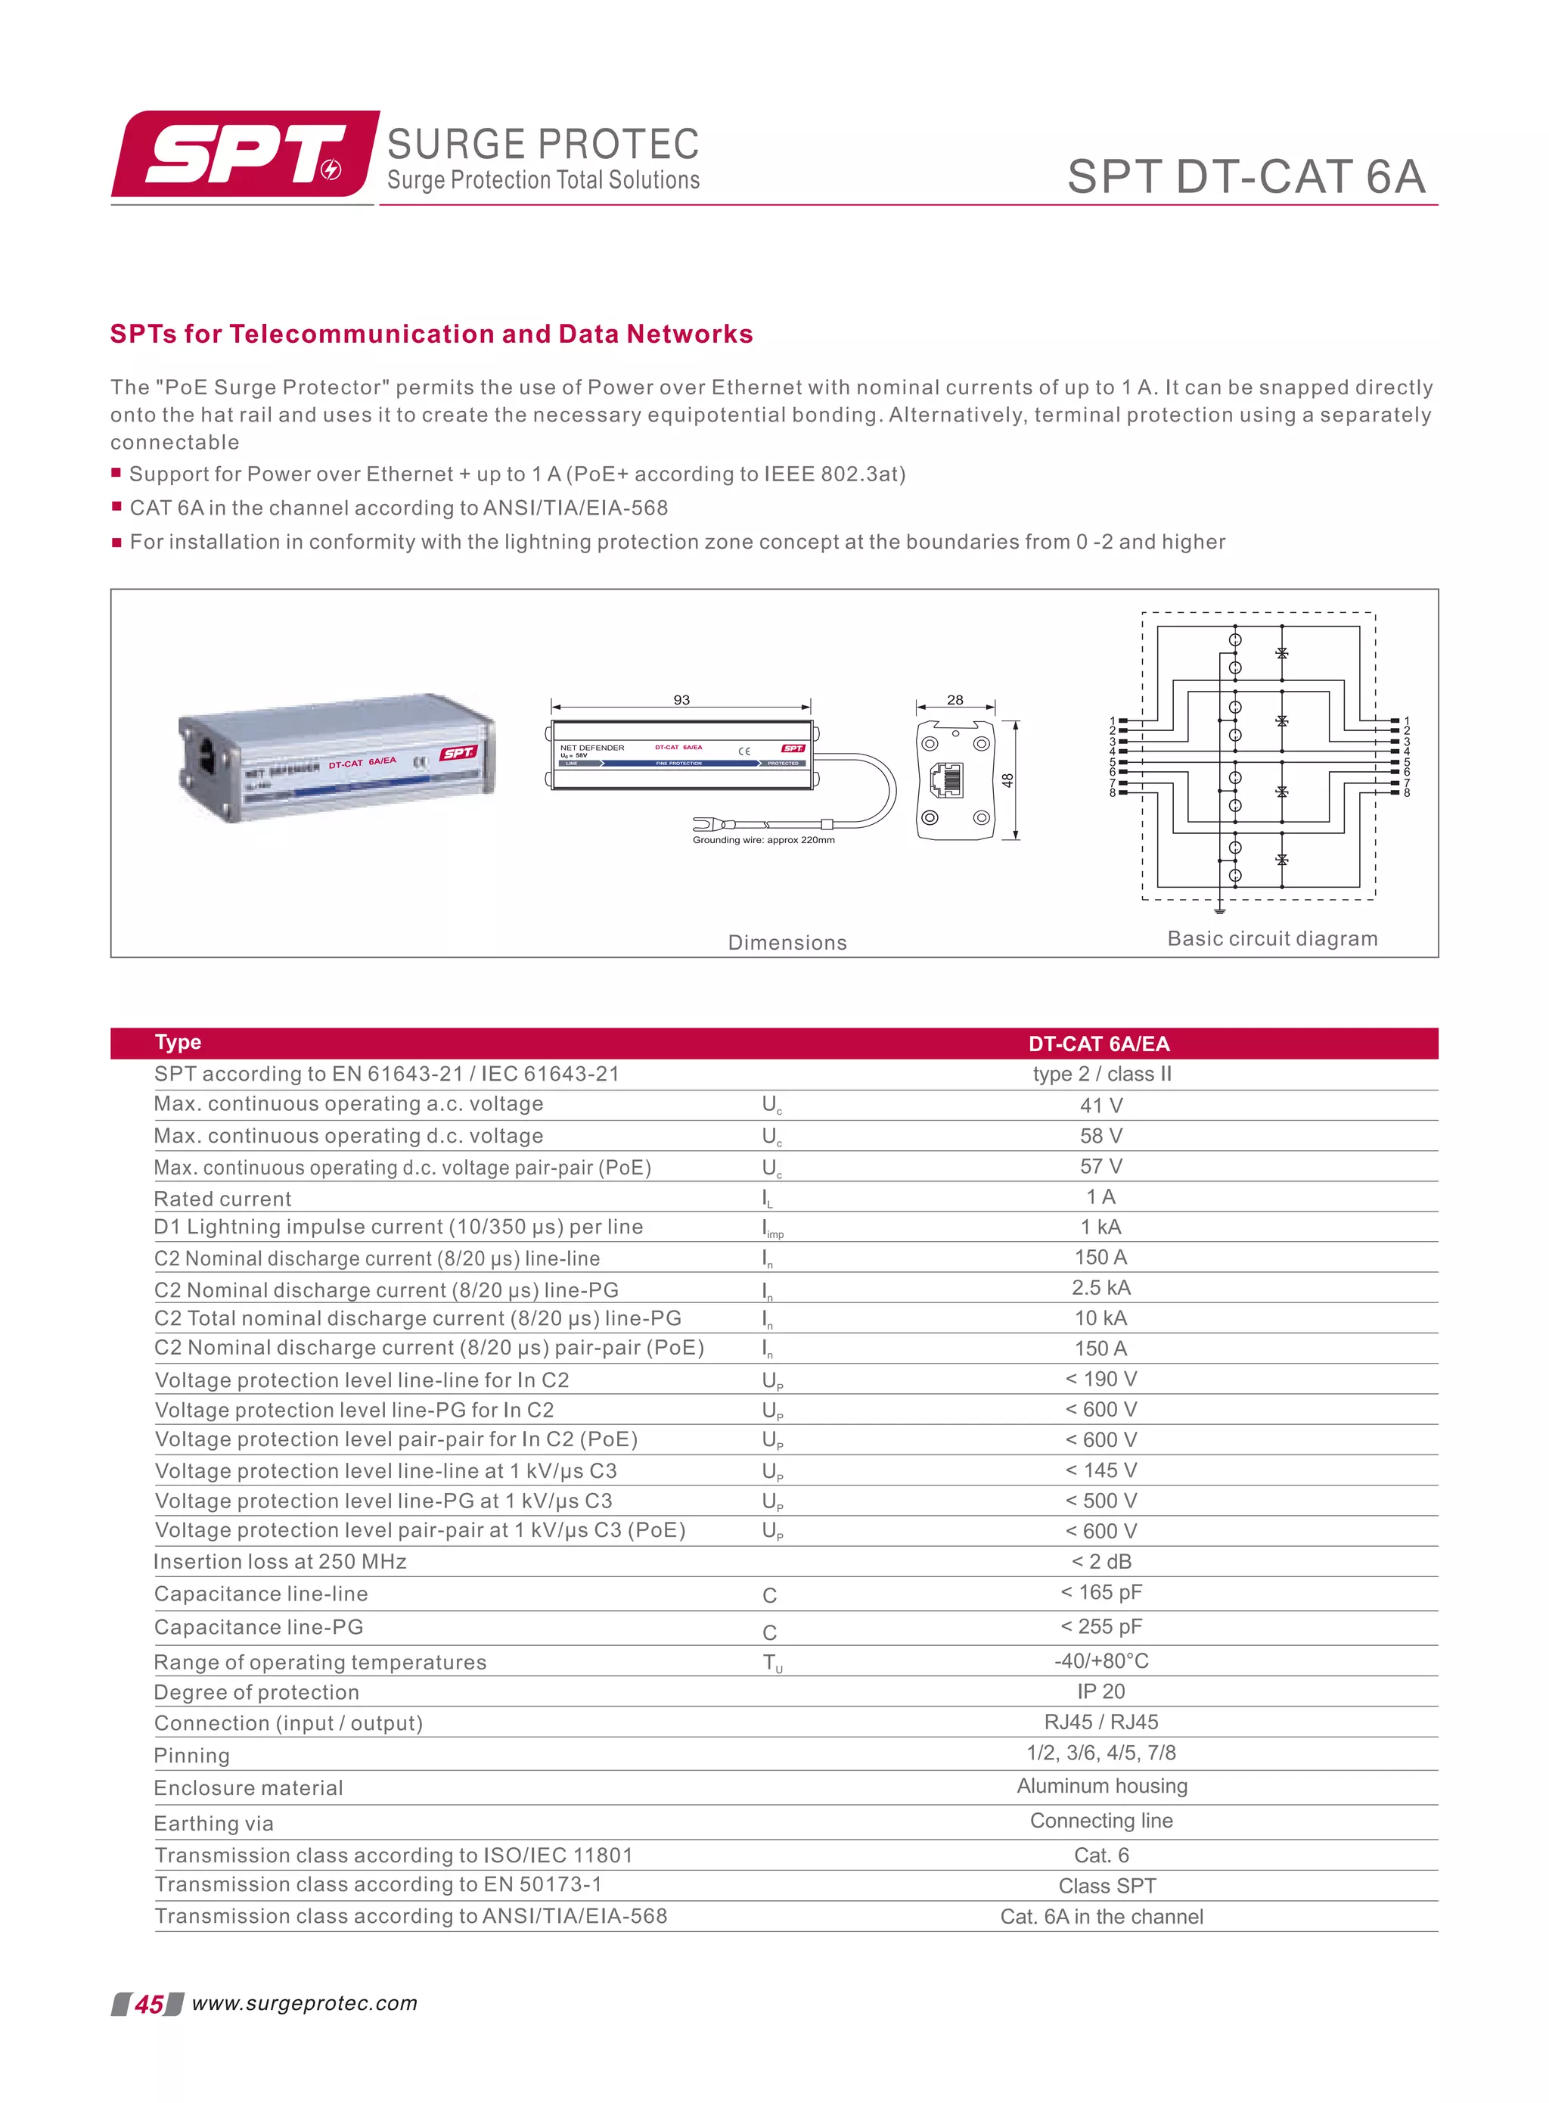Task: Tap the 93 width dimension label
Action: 681,700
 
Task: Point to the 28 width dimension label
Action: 955,700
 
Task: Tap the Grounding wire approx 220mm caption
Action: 763,841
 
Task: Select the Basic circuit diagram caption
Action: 1272,939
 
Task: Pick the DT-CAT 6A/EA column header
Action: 1099,1044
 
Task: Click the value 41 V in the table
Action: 1100,1106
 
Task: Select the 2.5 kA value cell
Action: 1100,1288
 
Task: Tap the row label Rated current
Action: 223,1199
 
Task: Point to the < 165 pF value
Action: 1100,1593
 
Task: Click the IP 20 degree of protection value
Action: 1100,1691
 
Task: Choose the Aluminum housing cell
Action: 1102,1786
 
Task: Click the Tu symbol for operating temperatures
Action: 771,1663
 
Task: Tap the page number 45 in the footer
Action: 148,2005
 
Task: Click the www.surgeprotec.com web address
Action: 305,2004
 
